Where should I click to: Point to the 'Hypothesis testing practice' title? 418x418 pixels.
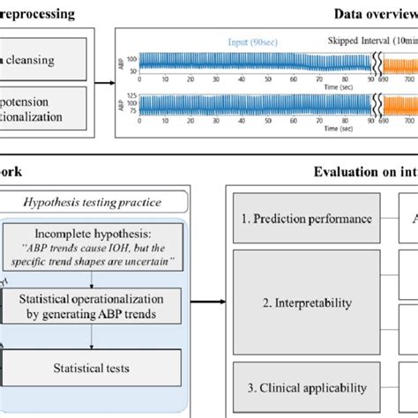(x=103, y=203)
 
